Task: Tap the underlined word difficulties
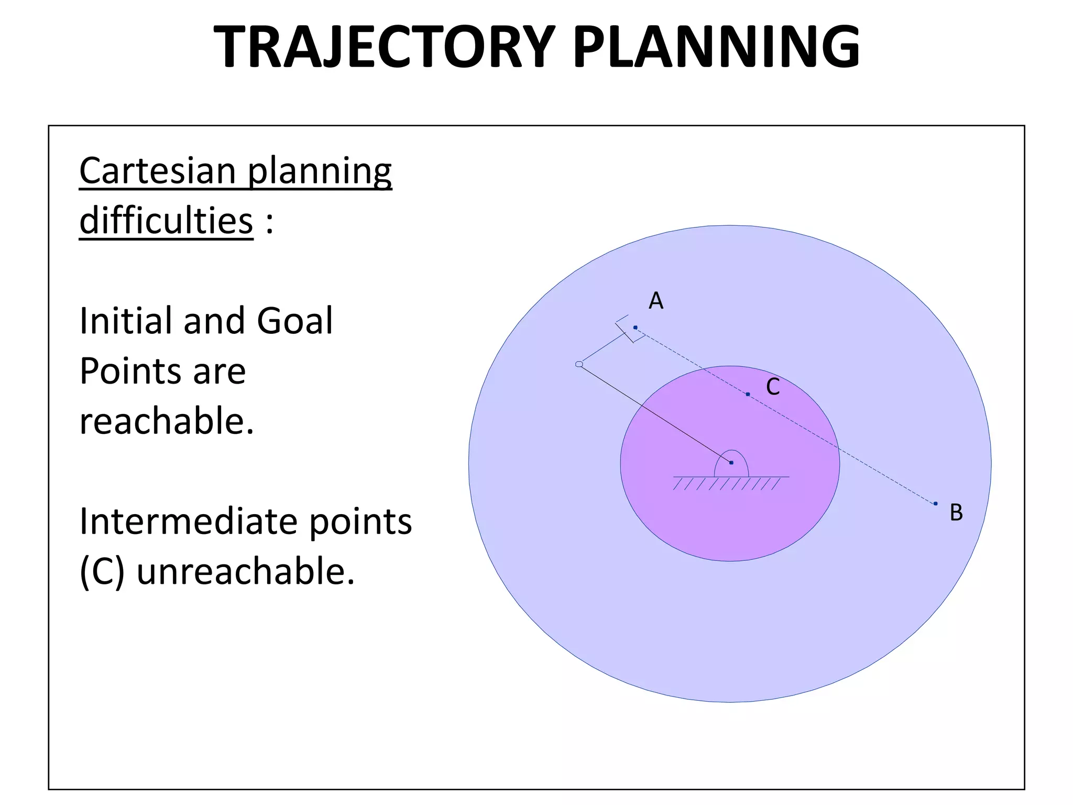tap(166, 221)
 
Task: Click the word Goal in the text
tap(294, 321)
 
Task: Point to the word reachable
tap(166, 421)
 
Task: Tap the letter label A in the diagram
tap(656, 301)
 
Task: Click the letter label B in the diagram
tap(956, 513)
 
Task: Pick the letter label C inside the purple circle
tap(773, 387)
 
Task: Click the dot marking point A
tap(635, 328)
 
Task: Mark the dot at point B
tap(935, 504)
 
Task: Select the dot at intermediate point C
tap(748, 394)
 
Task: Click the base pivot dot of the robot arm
tap(731, 463)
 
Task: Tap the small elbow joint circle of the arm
tap(579, 364)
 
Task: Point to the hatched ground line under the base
tap(730, 482)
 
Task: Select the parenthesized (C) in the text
tap(102, 571)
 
